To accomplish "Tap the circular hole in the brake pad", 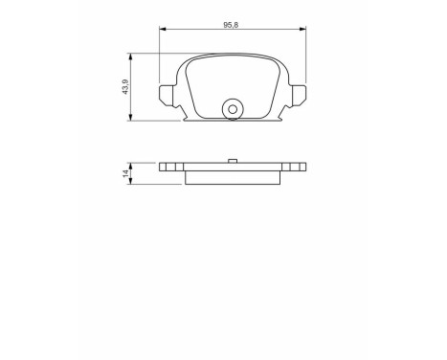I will pos(232,108).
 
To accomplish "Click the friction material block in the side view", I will pos(233,175).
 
